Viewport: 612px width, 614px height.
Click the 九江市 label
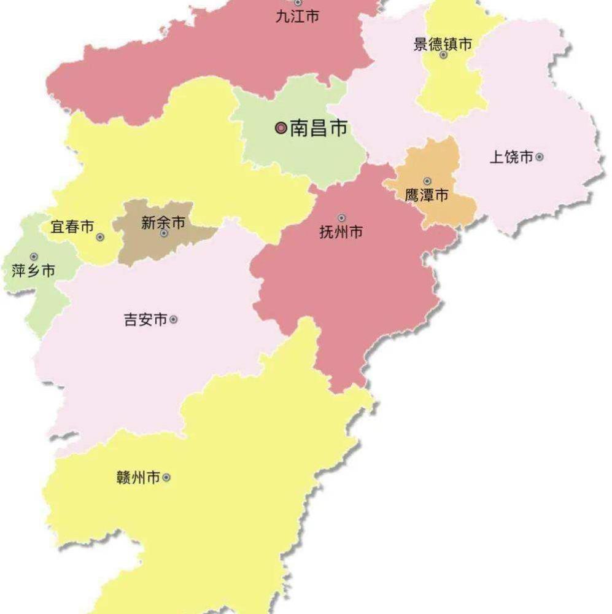[x=297, y=17]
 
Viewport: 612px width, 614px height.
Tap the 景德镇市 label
[x=443, y=44]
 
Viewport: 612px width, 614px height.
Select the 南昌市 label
[x=319, y=128]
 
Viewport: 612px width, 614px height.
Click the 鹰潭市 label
[x=427, y=196]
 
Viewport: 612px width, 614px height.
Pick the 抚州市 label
[x=341, y=232]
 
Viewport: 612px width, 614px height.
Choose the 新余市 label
[x=163, y=223]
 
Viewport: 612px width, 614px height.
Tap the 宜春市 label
[x=72, y=227]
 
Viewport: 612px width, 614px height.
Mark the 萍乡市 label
[x=34, y=270]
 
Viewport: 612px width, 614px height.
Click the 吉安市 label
[x=145, y=320]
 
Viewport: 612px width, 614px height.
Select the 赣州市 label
[x=138, y=477]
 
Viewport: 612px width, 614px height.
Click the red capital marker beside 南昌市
[x=281, y=128]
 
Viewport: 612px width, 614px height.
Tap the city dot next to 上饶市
[x=540, y=157]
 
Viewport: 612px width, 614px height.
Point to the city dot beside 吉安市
[x=174, y=320]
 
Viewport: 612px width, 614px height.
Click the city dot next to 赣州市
[x=166, y=477]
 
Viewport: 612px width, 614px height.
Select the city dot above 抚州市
[x=341, y=217]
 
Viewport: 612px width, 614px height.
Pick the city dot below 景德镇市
[x=443, y=55]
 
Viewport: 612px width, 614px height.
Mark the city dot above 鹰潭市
[x=427, y=181]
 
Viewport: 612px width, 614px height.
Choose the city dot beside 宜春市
[x=100, y=237]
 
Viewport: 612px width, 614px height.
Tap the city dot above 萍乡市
[x=34, y=257]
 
